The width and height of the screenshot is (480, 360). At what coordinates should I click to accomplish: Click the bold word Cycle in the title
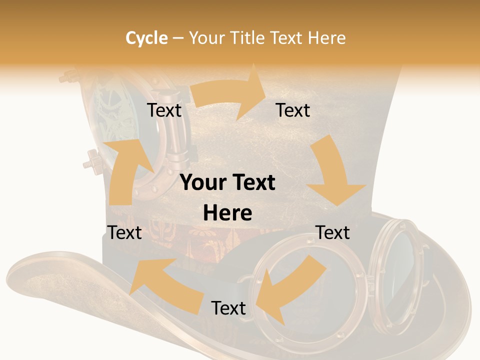tap(146, 38)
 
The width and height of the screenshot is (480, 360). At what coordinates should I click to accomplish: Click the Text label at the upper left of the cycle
tap(164, 110)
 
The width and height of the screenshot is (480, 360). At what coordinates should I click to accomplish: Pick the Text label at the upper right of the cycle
tap(293, 110)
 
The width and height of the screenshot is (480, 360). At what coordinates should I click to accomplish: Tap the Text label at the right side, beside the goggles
tap(332, 232)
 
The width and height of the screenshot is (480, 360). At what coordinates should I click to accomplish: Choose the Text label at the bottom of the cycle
tap(228, 308)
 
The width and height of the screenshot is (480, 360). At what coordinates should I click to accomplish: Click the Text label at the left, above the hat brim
tap(124, 232)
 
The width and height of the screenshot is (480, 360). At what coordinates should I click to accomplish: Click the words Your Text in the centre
tap(227, 183)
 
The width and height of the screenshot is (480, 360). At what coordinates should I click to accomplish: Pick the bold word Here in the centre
tap(227, 213)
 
